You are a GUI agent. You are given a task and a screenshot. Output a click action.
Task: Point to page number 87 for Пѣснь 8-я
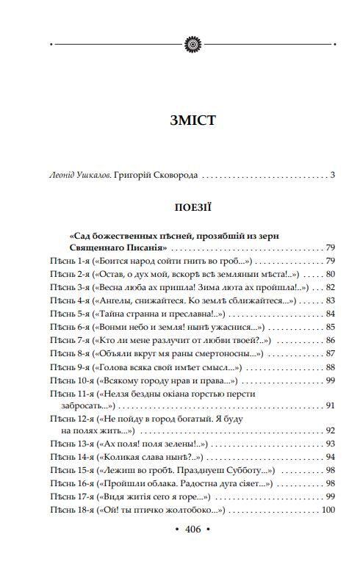click(x=329, y=353)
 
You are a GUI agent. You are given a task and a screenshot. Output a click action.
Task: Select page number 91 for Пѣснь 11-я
click(x=329, y=405)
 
